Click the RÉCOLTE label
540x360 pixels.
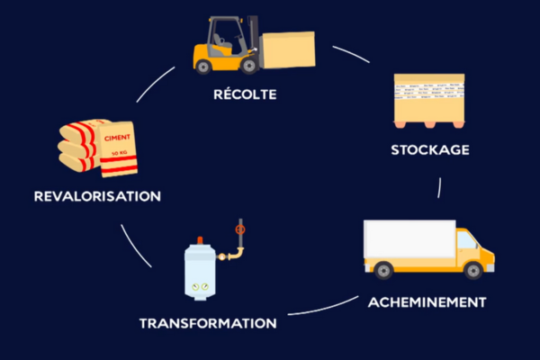point(245,94)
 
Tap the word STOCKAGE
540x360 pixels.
point(430,149)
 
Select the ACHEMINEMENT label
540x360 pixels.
point(427,301)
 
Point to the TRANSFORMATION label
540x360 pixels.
point(208,322)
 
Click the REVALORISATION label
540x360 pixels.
point(97,195)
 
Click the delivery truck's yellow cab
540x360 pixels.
point(473,250)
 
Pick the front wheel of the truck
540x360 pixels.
point(472,269)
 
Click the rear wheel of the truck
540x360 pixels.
point(382,269)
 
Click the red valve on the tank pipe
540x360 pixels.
point(239,230)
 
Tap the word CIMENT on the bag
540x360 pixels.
point(119,138)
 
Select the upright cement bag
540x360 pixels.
point(118,148)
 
